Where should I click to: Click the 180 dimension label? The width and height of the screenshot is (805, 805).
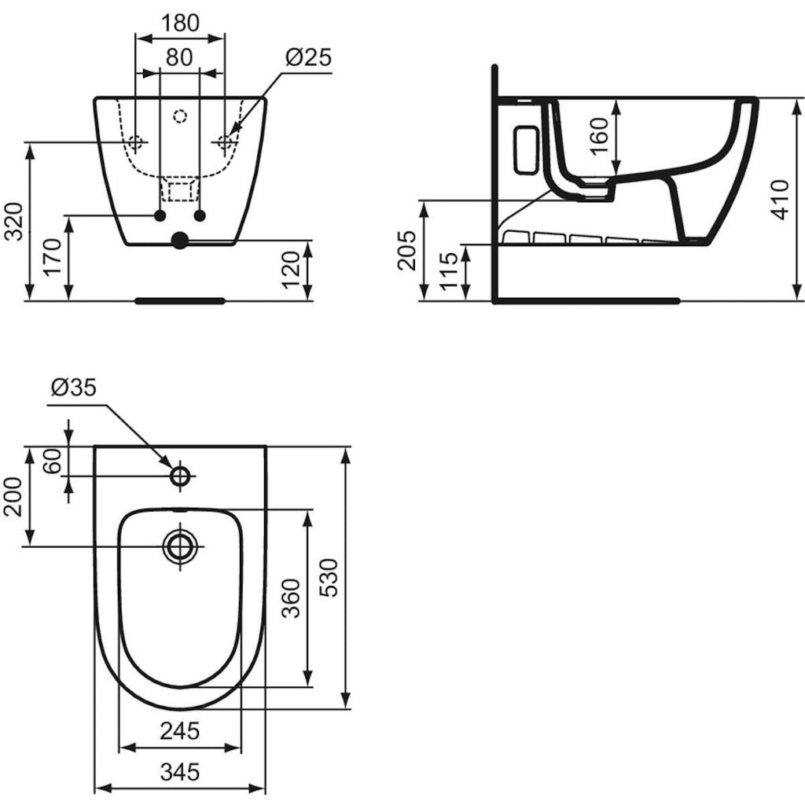180,23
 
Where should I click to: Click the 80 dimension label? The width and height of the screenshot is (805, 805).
179,57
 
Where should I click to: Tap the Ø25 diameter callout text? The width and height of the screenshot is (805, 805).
308,57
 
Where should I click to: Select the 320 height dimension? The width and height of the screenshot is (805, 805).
14,221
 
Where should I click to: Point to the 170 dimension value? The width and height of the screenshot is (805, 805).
53,258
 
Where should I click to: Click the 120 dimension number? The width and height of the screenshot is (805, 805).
291,270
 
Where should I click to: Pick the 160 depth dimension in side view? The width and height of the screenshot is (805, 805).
598,136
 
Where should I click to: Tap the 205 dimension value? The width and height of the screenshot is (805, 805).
406,250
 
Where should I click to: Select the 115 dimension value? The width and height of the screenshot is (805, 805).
448,271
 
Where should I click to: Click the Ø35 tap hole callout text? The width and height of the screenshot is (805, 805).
74,388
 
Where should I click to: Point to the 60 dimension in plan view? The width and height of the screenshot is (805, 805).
53,461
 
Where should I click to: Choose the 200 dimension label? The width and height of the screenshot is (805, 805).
14,497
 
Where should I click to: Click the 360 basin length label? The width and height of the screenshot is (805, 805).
292,598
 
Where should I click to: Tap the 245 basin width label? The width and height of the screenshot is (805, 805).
179,730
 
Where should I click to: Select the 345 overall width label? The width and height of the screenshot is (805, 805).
180,772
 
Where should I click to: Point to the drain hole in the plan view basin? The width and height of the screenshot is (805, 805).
180,546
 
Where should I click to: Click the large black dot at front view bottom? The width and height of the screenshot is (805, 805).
180,241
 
